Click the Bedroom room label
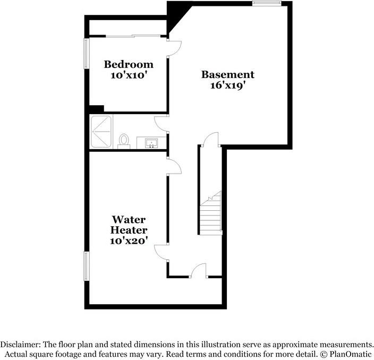coord(129,64)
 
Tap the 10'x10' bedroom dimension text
coord(129,75)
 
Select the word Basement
coord(227,75)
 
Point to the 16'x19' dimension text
coord(227,86)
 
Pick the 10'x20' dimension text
coord(129,241)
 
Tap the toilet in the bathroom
coord(124,141)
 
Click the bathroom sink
coord(151,143)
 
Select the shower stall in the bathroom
coord(101,131)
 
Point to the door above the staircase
coord(211,140)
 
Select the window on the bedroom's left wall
coord(87,53)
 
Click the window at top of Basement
coord(267,3)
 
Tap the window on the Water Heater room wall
coord(87,266)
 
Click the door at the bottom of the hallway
coord(199,271)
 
